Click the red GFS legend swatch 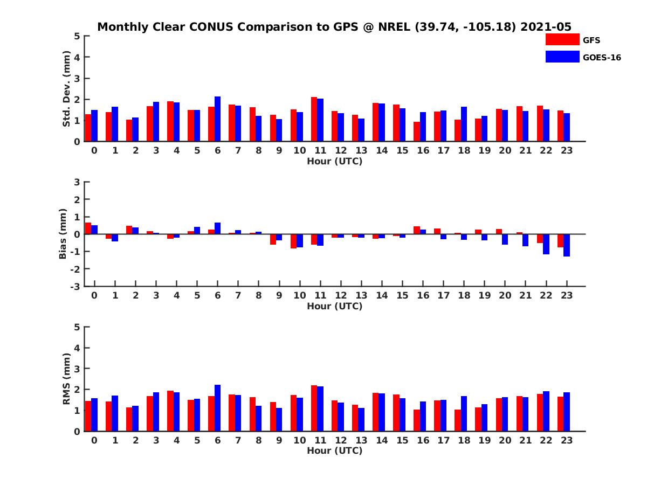(562, 39)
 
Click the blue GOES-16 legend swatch (562, 57)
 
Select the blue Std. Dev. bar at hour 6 (217, 119)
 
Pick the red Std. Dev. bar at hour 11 (314, 119)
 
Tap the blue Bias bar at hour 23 (567, 245)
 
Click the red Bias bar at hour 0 (88, 228)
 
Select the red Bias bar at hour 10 (293, 241)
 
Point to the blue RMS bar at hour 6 (217, 408)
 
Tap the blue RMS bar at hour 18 (464, 414)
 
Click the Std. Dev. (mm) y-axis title (67, 89)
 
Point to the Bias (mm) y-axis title (63, 234)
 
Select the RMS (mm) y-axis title (67, 379)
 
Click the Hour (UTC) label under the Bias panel (334, 306)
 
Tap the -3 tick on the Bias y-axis (76, 286)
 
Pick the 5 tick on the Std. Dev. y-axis (78, 36)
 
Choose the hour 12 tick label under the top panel (341, 150)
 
